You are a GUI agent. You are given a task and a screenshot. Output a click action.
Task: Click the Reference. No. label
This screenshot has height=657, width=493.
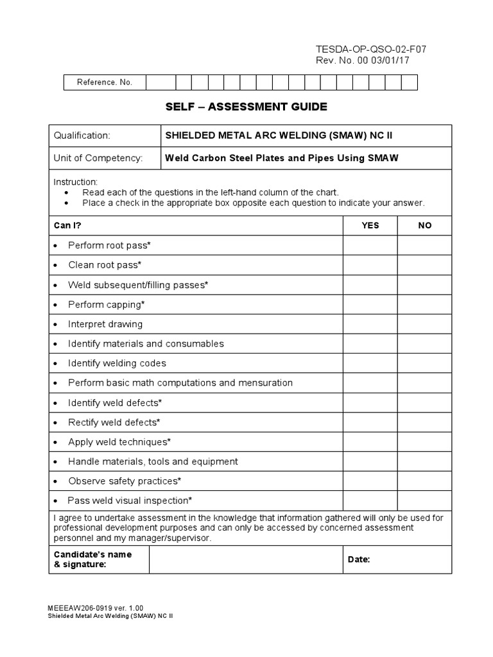(105, 82)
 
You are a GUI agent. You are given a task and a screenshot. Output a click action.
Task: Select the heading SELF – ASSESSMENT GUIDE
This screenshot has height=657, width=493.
(246, 107)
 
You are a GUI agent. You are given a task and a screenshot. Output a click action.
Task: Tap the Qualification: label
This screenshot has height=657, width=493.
(82, 135)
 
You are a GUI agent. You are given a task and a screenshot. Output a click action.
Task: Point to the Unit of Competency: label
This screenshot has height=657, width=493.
(98, 158)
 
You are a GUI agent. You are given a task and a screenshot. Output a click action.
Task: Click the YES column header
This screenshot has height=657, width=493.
(370, 225)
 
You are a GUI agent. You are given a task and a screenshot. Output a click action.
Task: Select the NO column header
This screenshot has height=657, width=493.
(424, 225)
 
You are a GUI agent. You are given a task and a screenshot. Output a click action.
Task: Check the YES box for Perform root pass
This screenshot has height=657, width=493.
(370, 245)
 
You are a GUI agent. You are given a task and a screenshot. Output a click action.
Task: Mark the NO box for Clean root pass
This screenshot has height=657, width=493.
(424, 265)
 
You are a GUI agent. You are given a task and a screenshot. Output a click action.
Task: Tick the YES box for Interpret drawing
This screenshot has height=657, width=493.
(370, 324)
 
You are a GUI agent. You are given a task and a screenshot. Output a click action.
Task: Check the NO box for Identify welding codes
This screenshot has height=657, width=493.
(424, 363)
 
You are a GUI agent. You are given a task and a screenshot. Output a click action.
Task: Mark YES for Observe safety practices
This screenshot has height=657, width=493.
(370, 481)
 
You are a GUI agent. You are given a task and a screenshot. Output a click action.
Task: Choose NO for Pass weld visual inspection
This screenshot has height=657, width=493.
(424, 500)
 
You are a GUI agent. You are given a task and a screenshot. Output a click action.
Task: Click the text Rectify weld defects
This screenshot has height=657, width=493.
(114, 422)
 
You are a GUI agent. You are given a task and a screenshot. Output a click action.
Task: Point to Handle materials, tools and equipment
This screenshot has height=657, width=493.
(153, 461)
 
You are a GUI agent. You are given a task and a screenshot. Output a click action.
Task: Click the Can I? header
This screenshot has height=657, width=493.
(67, 225)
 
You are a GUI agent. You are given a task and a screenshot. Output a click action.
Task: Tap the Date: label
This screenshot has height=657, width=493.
(359, 559)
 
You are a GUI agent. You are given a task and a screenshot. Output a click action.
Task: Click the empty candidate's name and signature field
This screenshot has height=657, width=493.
(245, 559)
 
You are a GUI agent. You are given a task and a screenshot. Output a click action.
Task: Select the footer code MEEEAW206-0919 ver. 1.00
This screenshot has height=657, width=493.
(96, 607)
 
